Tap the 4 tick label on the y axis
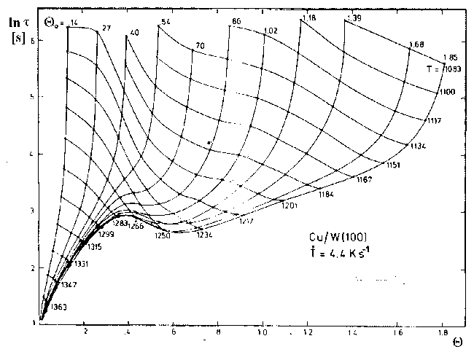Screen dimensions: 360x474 coord(31,154)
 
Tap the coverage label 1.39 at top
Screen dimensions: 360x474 coord(355,17)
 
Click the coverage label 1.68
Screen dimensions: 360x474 coord(418,44)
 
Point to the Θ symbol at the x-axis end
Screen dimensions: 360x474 coord(456,340)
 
